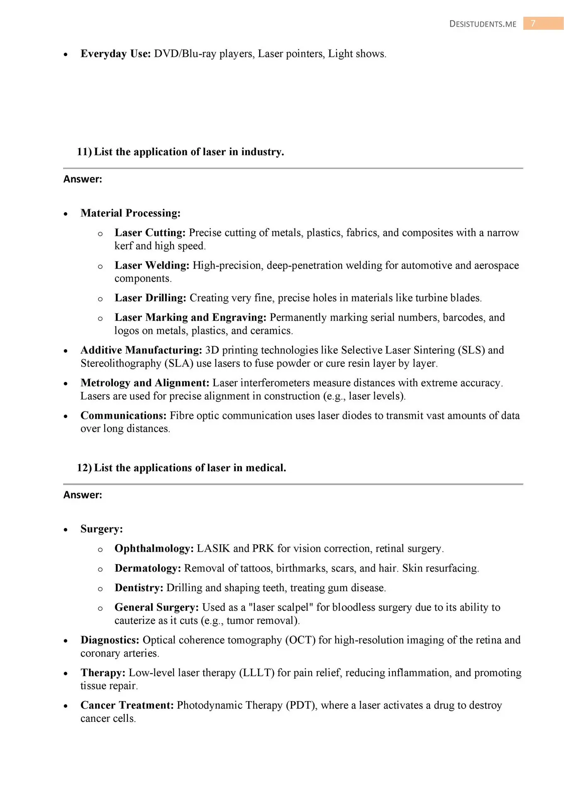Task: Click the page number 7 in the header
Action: [533, 23]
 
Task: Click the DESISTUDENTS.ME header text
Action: [483, 24]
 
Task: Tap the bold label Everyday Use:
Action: [115, 54]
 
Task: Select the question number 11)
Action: [84, 152]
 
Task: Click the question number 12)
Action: [84, 468]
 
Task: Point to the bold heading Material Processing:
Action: [130, 213]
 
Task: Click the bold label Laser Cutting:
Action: [150, 233]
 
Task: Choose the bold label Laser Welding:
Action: [152, 266]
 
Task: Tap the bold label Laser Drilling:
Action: [150, 298]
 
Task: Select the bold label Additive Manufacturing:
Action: [141, 350]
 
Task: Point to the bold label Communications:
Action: [123, 416]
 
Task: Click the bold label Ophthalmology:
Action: [154, 549]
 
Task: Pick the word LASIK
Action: [213, 549]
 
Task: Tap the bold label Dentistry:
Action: [139, 588]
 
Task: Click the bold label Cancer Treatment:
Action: [127, 705]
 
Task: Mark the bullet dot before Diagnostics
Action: [66, 641]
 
